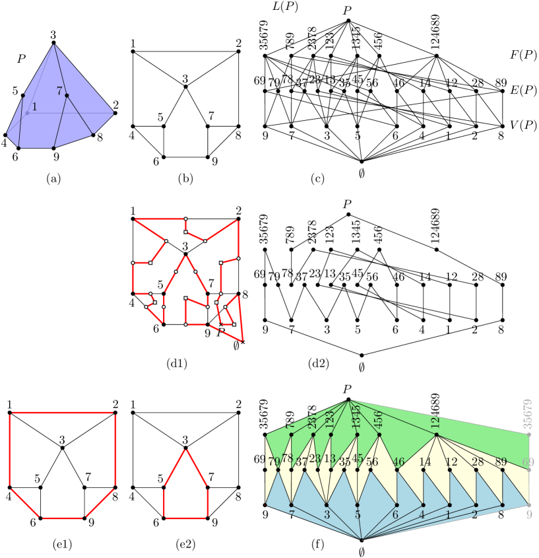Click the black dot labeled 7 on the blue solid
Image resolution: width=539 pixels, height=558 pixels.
(x=67, y=96)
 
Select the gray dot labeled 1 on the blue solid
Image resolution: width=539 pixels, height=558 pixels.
(x=27, y=113)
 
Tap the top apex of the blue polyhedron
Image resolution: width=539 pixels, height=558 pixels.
(x=53, y=45)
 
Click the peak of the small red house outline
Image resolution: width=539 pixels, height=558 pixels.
(x=185, y=450)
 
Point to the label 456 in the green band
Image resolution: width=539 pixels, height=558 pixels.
(x=377, y=420)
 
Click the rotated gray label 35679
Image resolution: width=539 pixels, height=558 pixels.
(x=527, y=414)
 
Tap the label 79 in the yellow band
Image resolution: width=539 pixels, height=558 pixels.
(x=274, y=461)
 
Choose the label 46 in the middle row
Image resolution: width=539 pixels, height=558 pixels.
(x=398, y=462)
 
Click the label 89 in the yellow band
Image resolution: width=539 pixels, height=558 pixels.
(x=501, y=462)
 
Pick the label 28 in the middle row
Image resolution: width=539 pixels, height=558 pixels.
(x=478, y=462)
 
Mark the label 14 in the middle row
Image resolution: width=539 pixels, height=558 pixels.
(x=425, y=462)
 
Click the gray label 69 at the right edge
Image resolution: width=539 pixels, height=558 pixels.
(x=528, y=462)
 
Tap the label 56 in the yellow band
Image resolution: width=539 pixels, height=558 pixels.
(x=372, y=462)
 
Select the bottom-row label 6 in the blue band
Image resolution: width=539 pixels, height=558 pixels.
(x=395, y=514)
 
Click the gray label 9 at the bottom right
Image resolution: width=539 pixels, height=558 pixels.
(x=529, y=514)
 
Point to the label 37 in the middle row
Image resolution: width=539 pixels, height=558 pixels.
(x=301, y=462)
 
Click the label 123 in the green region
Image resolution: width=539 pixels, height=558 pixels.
(x=330, y=419)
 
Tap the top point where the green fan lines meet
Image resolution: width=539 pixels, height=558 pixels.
(x=350, y=400)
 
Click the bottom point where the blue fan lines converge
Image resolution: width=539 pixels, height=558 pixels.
(x=362, y=540)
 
